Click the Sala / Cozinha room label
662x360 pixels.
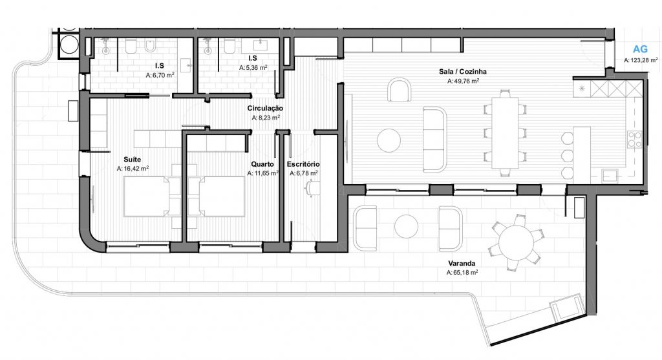[462, 72]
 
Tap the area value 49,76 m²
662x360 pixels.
[463, 81]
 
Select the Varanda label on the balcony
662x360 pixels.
[462, 263]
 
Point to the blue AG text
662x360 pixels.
[640, 49]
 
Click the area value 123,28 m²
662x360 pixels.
[641, 60]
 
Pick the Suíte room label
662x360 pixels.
[132, 160]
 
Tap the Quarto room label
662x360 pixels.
[262, 164]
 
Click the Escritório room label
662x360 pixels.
[303, 164]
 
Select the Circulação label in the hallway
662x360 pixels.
[265, 109]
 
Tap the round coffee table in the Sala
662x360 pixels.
[389, 140]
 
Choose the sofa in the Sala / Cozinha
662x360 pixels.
[435, 139]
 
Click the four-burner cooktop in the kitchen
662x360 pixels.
[635, 139]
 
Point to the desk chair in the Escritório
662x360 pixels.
[311, 188]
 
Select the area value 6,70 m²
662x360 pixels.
[160, 75]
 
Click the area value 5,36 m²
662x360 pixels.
[253, 67]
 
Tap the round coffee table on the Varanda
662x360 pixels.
[406, 226]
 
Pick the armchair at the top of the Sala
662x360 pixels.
[400, 90]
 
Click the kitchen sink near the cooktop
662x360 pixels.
[609, 175]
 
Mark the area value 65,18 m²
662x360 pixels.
[462, 273]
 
